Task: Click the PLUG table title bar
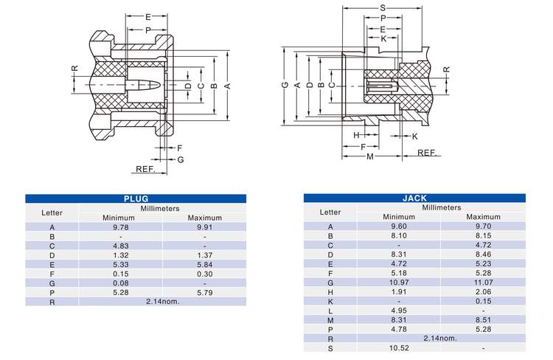136,198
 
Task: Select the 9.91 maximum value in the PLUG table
204,227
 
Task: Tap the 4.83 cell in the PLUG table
118,245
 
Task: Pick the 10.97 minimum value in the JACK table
398,282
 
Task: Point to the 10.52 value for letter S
398,347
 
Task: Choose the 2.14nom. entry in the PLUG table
163,301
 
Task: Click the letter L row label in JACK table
330,310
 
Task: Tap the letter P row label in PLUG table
52,292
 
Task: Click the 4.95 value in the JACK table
398,310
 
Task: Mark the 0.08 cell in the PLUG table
118,283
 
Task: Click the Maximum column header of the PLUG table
204,218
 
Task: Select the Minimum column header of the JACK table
398,217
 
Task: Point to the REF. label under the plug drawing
145,169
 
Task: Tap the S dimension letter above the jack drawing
383,8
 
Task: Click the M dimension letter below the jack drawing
370,156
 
